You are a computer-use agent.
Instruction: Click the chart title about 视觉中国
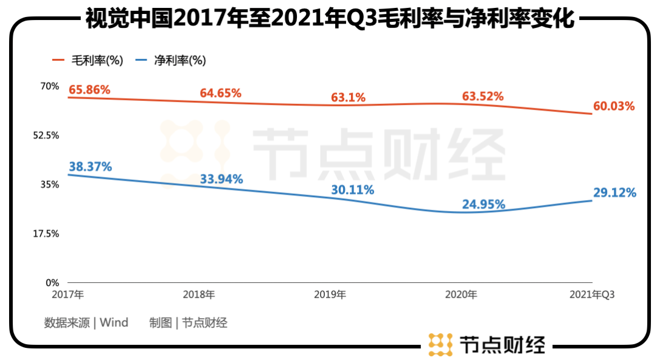329,18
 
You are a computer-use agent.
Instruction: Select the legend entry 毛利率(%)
88,60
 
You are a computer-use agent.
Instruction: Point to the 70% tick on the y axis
49,86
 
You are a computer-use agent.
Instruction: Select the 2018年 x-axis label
199,295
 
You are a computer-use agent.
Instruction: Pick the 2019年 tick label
330,295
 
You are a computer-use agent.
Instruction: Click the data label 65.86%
89,90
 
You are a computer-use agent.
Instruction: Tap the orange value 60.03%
614,106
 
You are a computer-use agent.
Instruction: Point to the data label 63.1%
348,97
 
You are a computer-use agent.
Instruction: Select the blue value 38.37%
90,167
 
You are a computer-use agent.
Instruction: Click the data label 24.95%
484,204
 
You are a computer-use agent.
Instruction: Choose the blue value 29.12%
614,193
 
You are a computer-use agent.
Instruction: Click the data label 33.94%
221,179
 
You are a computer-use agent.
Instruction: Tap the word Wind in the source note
114,322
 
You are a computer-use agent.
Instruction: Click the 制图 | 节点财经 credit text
188,322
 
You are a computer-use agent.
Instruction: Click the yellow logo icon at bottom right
440,344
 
